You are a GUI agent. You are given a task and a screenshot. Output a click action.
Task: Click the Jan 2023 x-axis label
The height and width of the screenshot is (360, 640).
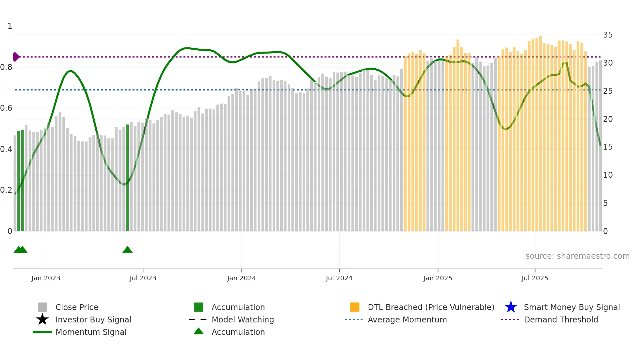click(46, 278)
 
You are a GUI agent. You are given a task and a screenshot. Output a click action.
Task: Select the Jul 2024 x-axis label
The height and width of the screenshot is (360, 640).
click(339, 278)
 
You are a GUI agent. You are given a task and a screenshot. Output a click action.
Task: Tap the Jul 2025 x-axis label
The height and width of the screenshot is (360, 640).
click(535, 278)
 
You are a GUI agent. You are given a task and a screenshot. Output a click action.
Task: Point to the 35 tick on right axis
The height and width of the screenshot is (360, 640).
click(608, 35)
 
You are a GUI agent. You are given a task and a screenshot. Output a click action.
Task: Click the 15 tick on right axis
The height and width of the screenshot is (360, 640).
click(608, 147)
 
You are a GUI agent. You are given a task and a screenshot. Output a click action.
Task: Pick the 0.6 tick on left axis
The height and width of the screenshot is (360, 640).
click(6, 108)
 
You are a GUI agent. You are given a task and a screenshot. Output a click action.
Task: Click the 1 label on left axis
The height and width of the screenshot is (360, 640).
click(10, 26)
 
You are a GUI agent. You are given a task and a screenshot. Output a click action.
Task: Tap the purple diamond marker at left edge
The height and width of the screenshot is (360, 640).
click(16, 57)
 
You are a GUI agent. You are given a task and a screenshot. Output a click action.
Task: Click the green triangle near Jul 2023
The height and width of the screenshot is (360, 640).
click(127, 250)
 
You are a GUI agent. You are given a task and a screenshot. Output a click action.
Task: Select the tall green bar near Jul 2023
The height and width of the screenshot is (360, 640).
click(127, 178)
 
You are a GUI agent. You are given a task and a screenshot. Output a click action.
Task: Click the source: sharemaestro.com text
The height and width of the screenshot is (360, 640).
click(577, 256)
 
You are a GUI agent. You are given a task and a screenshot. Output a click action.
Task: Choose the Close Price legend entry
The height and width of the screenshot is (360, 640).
click(77, 307)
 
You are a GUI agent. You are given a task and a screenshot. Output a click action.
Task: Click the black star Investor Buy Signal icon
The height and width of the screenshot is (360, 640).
click(42, 319)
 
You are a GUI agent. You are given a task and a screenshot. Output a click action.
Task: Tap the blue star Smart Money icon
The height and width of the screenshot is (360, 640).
click(511, 307)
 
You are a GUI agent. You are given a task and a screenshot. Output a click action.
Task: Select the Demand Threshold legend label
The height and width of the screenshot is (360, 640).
click(561, 319)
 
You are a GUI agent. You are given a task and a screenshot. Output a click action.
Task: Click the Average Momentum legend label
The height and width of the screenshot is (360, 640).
click(407, 319)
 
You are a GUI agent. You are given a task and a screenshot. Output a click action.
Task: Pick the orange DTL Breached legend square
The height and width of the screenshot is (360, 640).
click(354, 307)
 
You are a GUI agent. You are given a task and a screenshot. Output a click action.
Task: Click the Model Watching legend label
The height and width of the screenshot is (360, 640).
click(242, 319)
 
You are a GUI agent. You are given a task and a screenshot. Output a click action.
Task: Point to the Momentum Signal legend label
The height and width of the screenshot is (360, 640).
click(91, 332)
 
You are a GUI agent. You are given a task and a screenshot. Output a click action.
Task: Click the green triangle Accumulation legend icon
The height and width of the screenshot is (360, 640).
click(199, 331)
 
